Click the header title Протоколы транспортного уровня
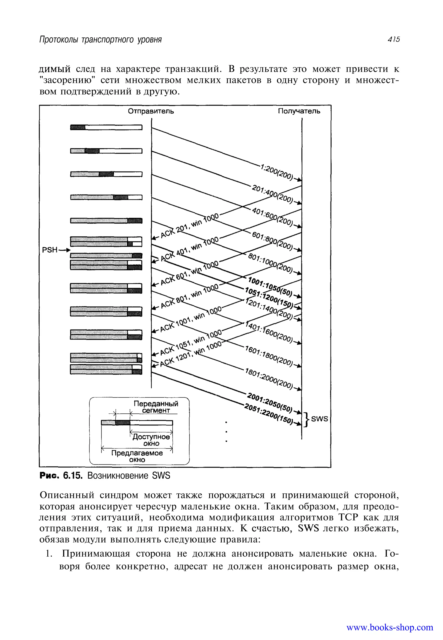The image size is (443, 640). point(101,40)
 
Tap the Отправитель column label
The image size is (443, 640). point(151,111)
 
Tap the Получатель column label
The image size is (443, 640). point(299,111)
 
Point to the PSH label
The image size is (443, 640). point(50,250)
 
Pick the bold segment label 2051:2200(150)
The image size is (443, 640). point(268,413)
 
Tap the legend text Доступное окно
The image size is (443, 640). point(151,440)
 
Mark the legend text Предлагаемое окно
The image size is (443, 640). point(137,456)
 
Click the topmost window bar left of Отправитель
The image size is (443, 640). point(106,127)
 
